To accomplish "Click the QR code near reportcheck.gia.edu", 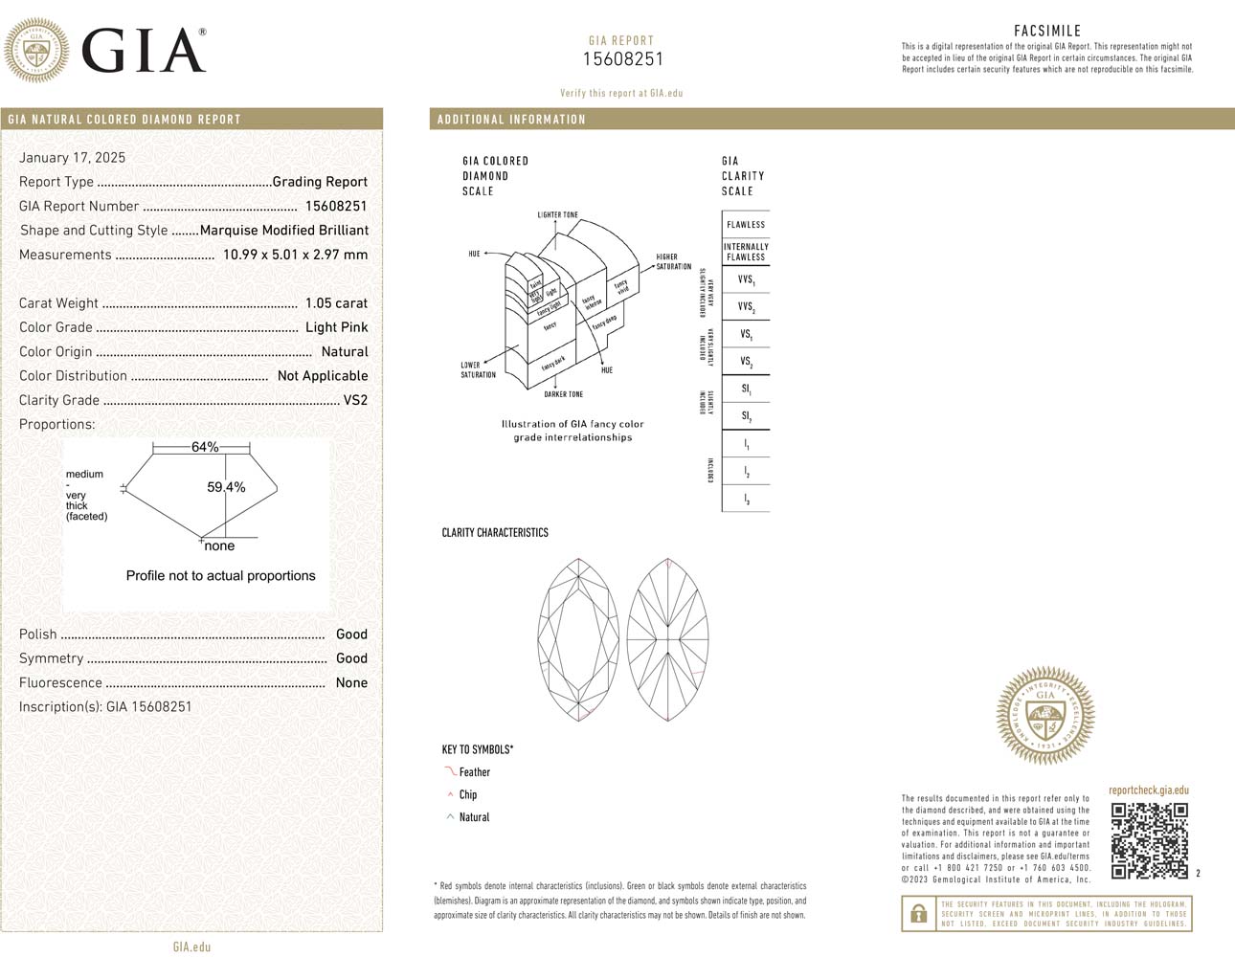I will (1149, 840).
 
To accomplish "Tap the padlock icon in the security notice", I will (918, 914).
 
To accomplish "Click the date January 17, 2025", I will (72, 158).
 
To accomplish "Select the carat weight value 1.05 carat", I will (336, 303).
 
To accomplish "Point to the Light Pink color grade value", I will (336, 327).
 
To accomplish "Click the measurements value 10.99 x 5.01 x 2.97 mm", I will (295, 255).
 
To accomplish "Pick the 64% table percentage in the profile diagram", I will (205, 447).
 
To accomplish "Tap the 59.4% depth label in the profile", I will (226, 487).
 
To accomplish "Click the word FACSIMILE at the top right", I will (1046, 31).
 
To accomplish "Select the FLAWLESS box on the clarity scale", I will (746, 225).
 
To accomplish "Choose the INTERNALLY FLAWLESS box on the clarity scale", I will (746, 252).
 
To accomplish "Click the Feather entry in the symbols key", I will (474, 772).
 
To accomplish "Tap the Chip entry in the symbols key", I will (467, 794).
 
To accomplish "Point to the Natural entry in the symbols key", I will (474, 817).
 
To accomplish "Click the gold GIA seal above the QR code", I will (1044, 716).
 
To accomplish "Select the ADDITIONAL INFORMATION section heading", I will (511, 120).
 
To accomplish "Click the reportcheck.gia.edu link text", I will (1148, 790).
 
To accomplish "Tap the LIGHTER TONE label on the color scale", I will (557, 215).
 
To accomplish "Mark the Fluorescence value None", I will (351, 682).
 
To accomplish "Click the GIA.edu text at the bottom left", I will (191, 946).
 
